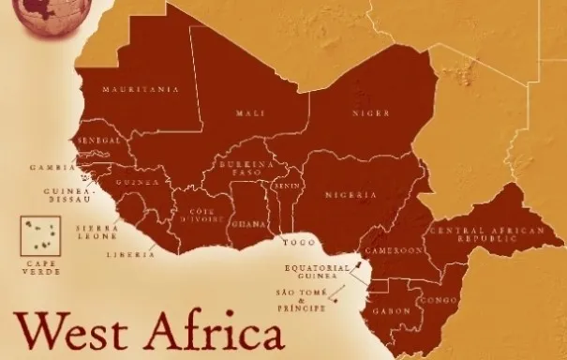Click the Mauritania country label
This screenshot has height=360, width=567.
141,89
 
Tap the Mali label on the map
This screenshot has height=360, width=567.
249,113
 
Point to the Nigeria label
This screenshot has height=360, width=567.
351,195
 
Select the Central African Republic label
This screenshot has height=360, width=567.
472,235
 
